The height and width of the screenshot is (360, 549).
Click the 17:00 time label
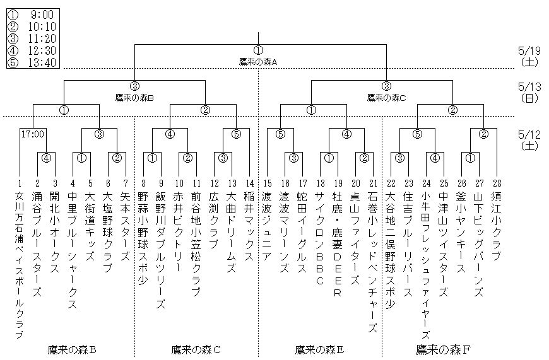(x=31, y=134)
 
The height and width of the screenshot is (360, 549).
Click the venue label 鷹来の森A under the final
(x=258, y=61)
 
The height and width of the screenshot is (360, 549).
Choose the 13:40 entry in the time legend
(x=32, y=62)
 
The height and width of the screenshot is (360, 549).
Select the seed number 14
(x=249, y=183)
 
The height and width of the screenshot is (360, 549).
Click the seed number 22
(x=391, y=183)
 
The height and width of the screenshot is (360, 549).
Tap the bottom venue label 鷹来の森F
(x=444, y=349)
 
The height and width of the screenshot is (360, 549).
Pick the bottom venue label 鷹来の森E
(x=320, y=349)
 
